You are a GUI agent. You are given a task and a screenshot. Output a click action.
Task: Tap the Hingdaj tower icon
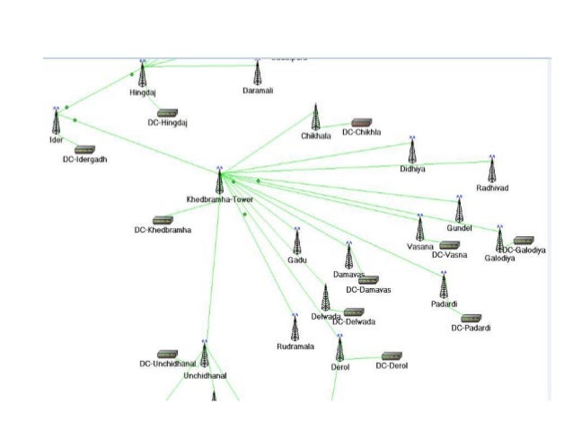[142, 75]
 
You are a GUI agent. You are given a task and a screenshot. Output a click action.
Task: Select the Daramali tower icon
[258, 73]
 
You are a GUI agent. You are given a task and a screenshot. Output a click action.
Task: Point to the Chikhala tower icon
[315, 118]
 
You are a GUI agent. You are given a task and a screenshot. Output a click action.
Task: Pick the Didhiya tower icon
[412, 150]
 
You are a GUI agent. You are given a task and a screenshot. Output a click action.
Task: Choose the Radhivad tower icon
[491, 169]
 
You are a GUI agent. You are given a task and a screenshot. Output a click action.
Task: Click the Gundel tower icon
[459, 210]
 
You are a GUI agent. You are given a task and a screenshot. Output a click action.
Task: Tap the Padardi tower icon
[443, 286]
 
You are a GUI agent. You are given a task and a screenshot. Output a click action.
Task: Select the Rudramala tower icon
[294, 327]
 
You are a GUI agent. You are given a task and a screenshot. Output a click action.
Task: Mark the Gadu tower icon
[296, 241]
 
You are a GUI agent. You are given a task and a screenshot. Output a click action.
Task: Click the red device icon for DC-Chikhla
[362, 121]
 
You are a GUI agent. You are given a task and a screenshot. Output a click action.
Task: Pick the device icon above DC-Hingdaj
[167, 113]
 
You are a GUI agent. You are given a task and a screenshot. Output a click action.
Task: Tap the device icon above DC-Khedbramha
[163, 220]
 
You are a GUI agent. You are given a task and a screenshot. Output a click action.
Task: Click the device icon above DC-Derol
[392, 355]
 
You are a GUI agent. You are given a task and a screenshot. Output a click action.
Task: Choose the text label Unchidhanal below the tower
[206, 376]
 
